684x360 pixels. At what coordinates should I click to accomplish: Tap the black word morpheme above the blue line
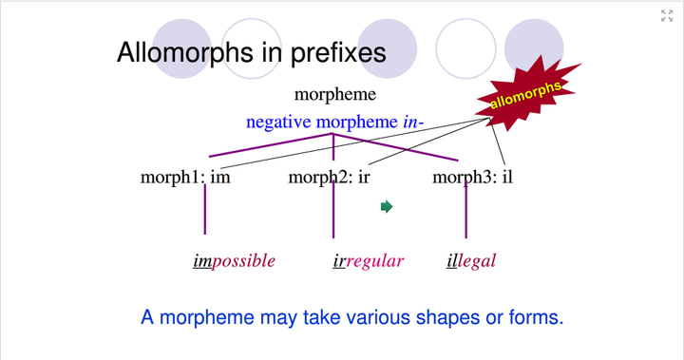tap(334, 94)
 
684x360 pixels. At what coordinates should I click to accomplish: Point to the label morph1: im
tap(185, 177)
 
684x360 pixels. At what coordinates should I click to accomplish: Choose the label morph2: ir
tap(329, 177)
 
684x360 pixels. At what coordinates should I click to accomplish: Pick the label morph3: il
tap(472, 177)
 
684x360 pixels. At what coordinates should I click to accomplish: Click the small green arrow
tap(387, 206)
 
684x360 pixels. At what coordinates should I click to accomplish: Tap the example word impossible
tap(234, 260)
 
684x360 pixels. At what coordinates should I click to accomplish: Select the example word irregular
tap(369, 260)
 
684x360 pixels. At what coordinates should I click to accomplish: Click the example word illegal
tap(471, 260)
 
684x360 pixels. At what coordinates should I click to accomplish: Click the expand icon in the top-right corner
tap(667, 15)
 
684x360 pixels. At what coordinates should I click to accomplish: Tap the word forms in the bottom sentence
tap(531, 317)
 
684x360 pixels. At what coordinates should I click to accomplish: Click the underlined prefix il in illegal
tap(452, 260)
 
